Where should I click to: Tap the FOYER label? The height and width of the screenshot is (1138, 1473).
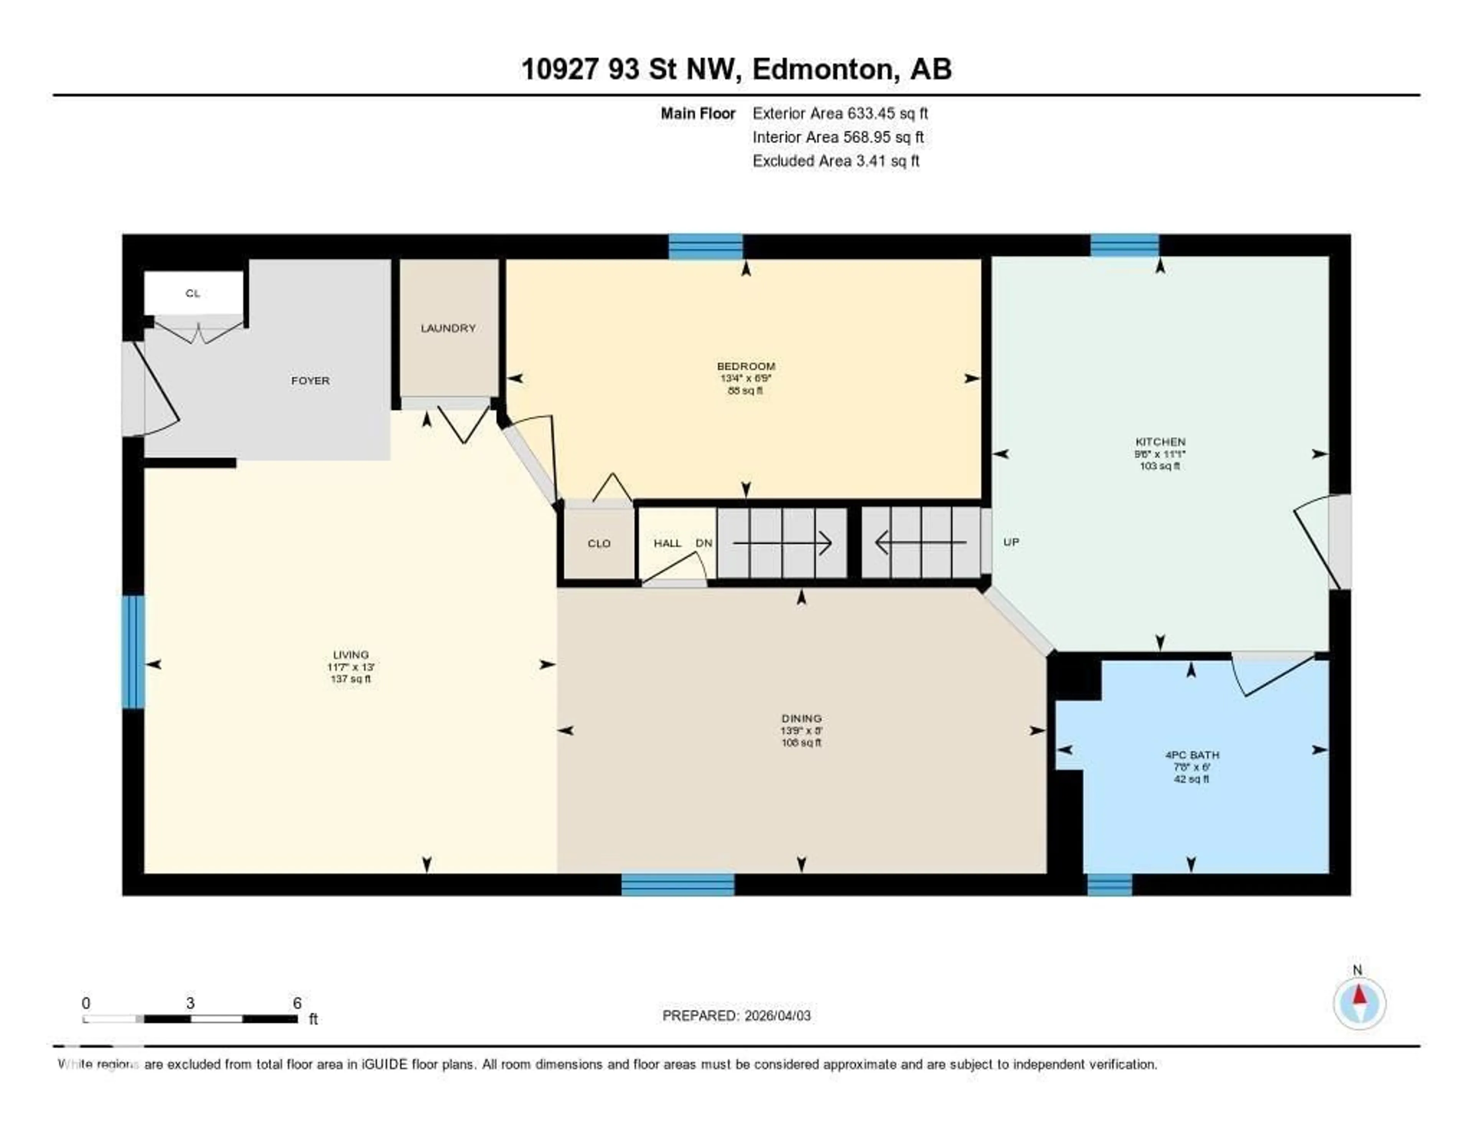click(310, 381)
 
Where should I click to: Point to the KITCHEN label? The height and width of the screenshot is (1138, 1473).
click(1160, 442)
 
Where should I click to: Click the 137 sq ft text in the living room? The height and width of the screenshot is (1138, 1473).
click(351, 679)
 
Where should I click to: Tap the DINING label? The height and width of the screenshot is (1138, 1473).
click(801, 718)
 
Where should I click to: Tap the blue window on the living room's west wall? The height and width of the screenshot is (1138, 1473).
click(133, 651)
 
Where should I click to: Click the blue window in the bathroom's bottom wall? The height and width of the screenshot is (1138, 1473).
click(1109, 884)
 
